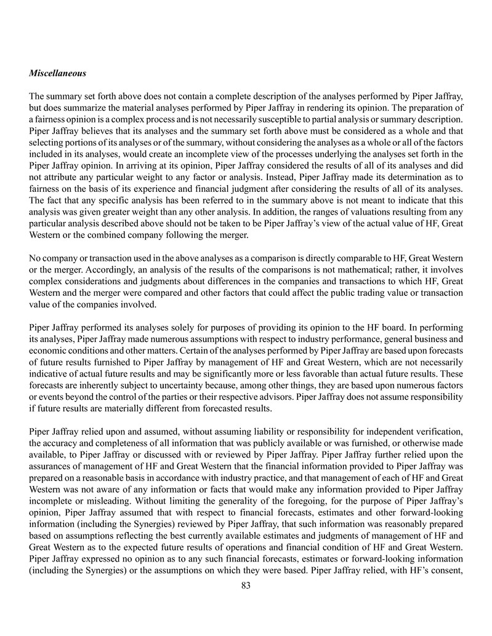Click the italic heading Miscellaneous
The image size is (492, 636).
click(x=57, y=73)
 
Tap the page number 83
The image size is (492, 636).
click(x=246, y=586)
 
